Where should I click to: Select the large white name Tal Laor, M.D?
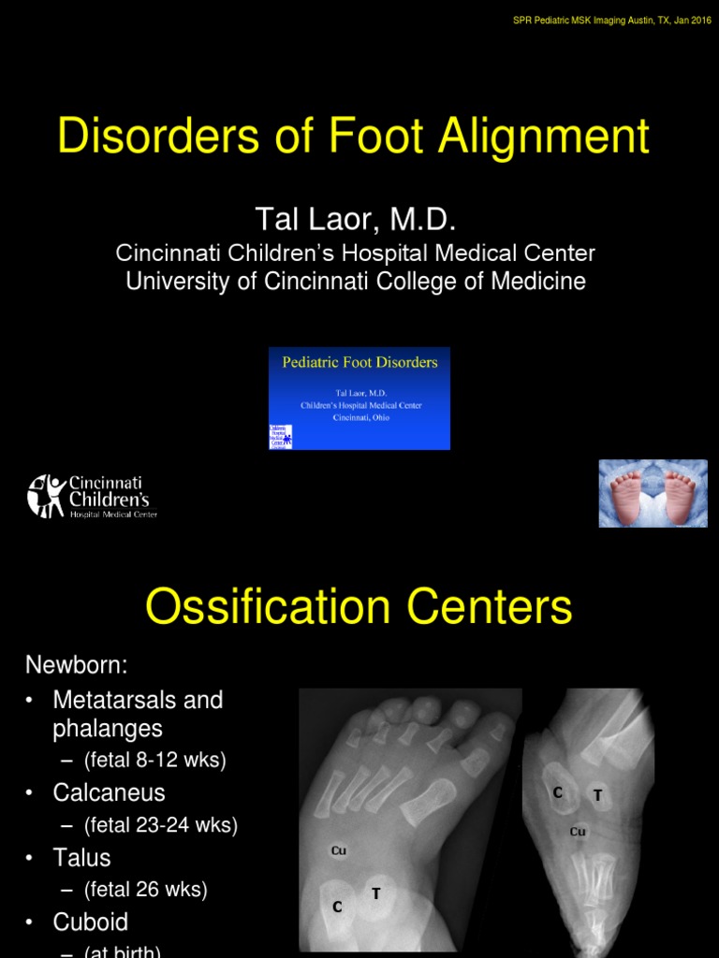click(x=355, y=221)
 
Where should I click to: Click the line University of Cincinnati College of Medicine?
click(x=356, y=282)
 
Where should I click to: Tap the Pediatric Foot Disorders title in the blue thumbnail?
click(x=359, y=362)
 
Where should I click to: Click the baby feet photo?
click(x=653, y=493)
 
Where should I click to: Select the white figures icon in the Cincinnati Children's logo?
click(x=46, y=496)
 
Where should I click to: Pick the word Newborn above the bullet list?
click(x=76, y=666)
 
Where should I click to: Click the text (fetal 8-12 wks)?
click(x=154, y=761)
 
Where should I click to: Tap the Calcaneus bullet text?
click(x=109, y=792)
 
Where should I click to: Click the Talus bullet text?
click(x=81, y=858)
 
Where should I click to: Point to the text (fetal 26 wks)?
click(x=145, y=890)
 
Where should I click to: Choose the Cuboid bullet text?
click(x=91, y=922)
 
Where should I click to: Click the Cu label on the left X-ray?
click(x=339, y=850)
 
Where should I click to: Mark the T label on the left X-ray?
click(x=376, y=893)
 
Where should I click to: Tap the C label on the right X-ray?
click(x=558, y=792)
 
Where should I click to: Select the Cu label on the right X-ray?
click(x=578, y=831)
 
